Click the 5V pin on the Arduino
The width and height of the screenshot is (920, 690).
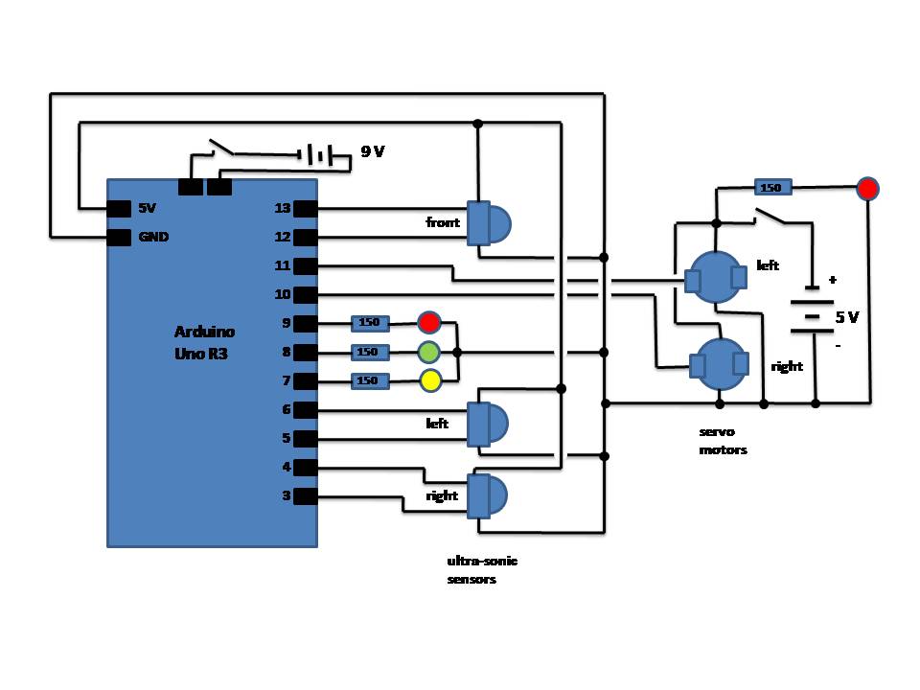pyautogui.click(x=119, y=208)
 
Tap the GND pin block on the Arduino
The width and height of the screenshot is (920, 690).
pyautogui.click(x=119, y=237)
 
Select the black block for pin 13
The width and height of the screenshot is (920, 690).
pyautogui.click(x=305, y=208)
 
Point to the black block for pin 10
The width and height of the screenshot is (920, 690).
pyautogui.click(x=305, y=294)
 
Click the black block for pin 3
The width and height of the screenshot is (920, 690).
pyautogui.click(x=305, y=496)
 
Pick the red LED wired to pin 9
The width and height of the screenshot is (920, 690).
pyautogui.click(x=429, y=322)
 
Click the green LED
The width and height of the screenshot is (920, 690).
pyautogui.click(x=429, y=352)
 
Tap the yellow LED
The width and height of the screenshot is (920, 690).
pyautogui.click(x=430, y=380)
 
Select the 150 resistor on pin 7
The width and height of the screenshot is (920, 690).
pyautogui.click(x=370, y=380)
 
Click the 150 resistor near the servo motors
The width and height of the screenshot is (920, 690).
pyautogui.click(x=772, y=187)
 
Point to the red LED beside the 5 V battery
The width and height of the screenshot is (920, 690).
pyautogui.click(x=867, y=189)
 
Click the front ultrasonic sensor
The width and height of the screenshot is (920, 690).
pyautogui.click(x=489, y=223)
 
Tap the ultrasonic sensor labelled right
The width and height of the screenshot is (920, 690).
pyautogui.click(x=488, y=496)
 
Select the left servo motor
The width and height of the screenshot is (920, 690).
pyautogui.click(x=716, y=278)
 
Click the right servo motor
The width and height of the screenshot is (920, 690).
pyautogui.click(x=719, y=364)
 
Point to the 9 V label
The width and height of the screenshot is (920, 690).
pyautogui.click(x=373, y=151)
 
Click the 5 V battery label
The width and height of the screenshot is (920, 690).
pyautogui.click(x=846, y=317)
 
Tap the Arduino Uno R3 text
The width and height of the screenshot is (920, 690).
pyautogui.click(x=204, y=343)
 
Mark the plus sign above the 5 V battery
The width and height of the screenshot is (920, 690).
pyautogui.click(x=832, y=280)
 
